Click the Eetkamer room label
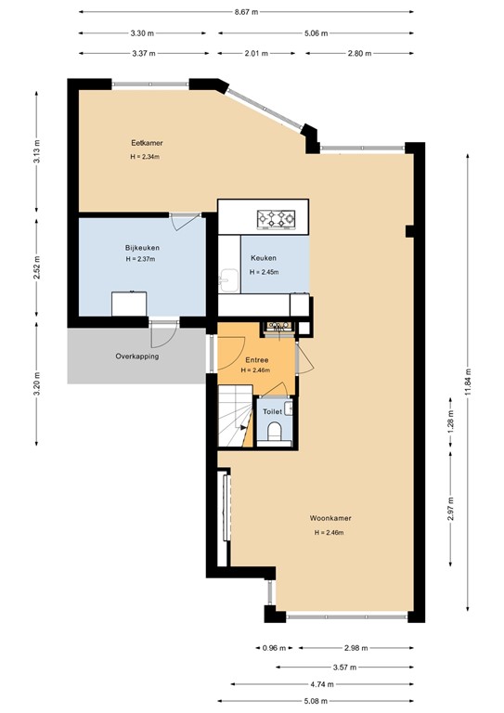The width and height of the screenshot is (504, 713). (x=146, y=144)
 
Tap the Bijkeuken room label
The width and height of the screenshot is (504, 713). (x=142, y=248)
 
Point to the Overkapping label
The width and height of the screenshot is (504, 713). (x=136, y=356)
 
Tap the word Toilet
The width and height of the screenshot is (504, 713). (x=272, y=410)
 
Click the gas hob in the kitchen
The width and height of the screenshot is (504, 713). (x=276, y=219)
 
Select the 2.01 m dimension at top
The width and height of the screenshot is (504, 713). (x=255, y=53)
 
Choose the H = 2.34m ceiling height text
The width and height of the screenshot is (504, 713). (x=146, y=157)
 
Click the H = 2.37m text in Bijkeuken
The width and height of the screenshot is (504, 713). (x=142, y=260)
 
